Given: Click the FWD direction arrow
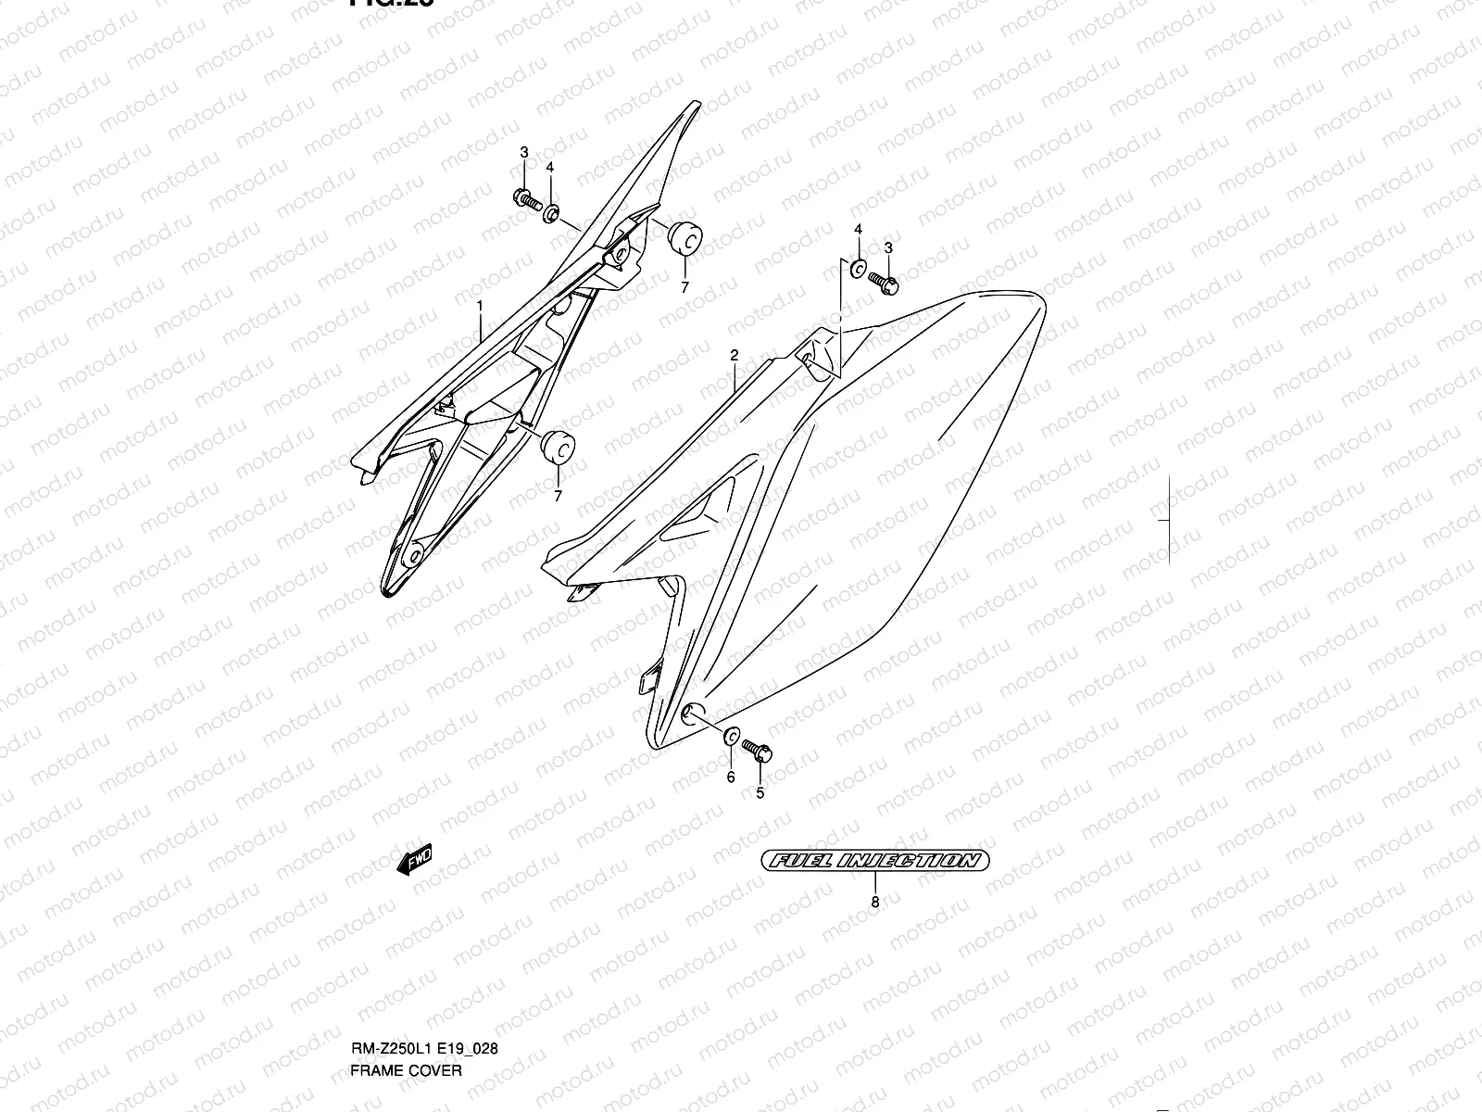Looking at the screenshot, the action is pos(414,861).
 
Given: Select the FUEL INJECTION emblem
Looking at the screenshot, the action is pos(874,860).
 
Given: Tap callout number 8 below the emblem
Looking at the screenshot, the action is pos(875,901).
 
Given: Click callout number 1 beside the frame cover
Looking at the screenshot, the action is pos(480,305).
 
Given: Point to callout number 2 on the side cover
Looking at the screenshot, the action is pos(734,355).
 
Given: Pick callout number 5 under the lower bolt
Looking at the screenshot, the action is pos(760,793).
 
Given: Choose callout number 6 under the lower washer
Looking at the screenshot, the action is pos(730,777).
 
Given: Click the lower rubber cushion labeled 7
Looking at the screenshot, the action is pos(557,445).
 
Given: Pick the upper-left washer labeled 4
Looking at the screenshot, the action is pos(551,215).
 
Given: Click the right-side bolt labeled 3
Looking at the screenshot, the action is pos(885,284).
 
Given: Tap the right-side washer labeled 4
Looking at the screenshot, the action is pos(858,270).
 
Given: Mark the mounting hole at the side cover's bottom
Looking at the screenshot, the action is pos(689,713).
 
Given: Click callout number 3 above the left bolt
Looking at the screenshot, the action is pos(523,152).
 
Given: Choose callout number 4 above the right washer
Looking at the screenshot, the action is pos(858,229).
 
